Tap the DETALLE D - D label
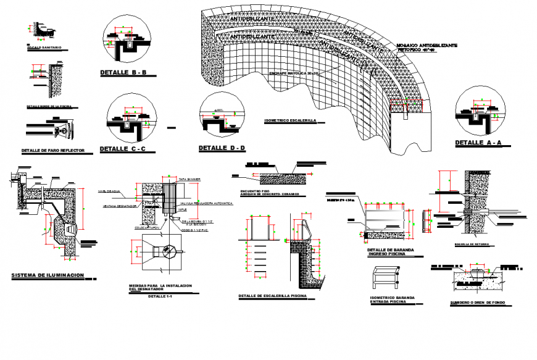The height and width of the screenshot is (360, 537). [222, 148]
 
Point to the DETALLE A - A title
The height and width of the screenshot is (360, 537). [479, 143]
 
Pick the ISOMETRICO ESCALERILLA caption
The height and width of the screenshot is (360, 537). [289, 120]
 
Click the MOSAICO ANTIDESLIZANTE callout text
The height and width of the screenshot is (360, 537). [427, 46]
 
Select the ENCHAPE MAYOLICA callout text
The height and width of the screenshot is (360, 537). [294, 73]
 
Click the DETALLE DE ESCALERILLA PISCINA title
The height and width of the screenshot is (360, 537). [272, 296]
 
